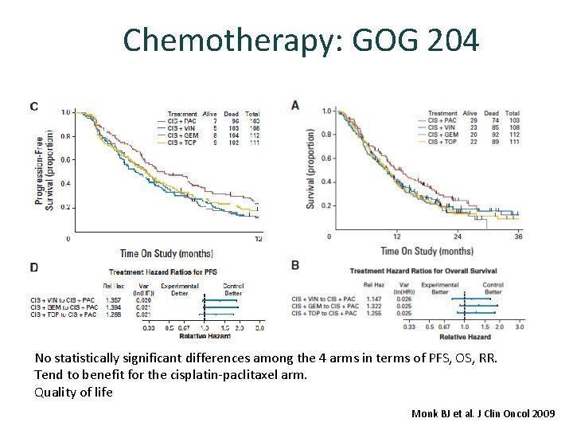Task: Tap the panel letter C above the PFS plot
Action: click(x=33, y=107)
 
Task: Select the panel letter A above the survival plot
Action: click(x=295, y=105)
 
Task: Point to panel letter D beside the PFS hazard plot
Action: click(x=33, y=266)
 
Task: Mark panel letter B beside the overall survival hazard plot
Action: click(x=295, y=264)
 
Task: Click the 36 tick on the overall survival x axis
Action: click(x=518, y=236)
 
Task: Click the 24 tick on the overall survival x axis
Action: click(x=457, y=236)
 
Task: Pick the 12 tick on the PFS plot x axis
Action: click(x=258, y=238)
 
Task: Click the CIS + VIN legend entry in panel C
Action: click(x=182, y=127)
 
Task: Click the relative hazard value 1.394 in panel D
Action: click(x=112, y=307)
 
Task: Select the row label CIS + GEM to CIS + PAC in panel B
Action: click(x=322, y=306)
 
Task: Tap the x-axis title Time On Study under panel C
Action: click(x=166, y=253)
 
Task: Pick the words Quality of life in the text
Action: click(x=73, y=392)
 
